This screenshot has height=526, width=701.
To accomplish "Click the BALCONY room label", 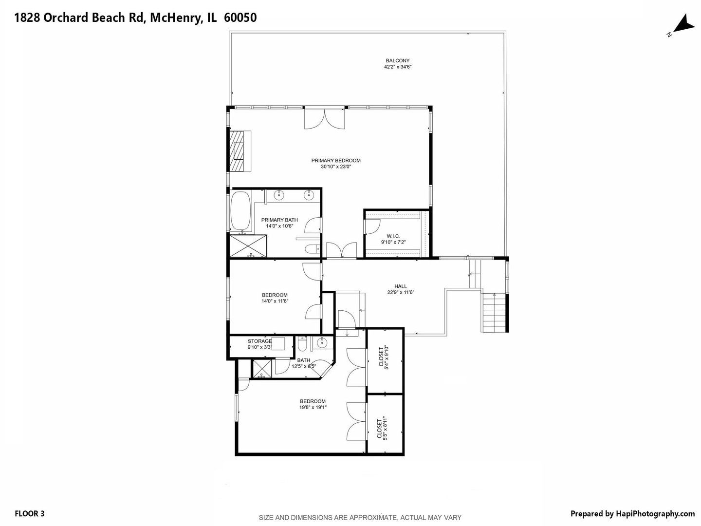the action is point(397,61).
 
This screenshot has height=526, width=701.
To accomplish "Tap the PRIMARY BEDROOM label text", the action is point(336,161).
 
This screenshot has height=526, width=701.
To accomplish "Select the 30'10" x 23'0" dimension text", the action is point(336,167).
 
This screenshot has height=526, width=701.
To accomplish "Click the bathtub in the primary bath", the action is point(241,210).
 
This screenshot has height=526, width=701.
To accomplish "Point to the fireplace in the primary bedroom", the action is point(240,151).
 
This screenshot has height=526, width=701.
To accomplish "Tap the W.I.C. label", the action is point(393,236).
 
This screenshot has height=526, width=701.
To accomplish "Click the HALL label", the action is point(401,286).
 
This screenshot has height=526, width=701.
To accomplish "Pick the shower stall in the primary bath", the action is point(248,245).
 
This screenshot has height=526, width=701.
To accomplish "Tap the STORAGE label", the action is point(259,341).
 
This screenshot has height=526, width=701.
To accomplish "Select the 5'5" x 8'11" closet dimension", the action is point(382,429).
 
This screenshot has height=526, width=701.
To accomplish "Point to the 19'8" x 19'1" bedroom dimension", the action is point(313,407).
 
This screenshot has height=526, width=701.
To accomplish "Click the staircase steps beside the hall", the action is point(495,313).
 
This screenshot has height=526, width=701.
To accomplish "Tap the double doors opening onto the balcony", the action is point(325,119).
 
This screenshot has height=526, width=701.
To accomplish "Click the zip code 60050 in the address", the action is point(240,18).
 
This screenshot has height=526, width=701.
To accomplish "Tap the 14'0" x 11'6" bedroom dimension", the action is point(275,301).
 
